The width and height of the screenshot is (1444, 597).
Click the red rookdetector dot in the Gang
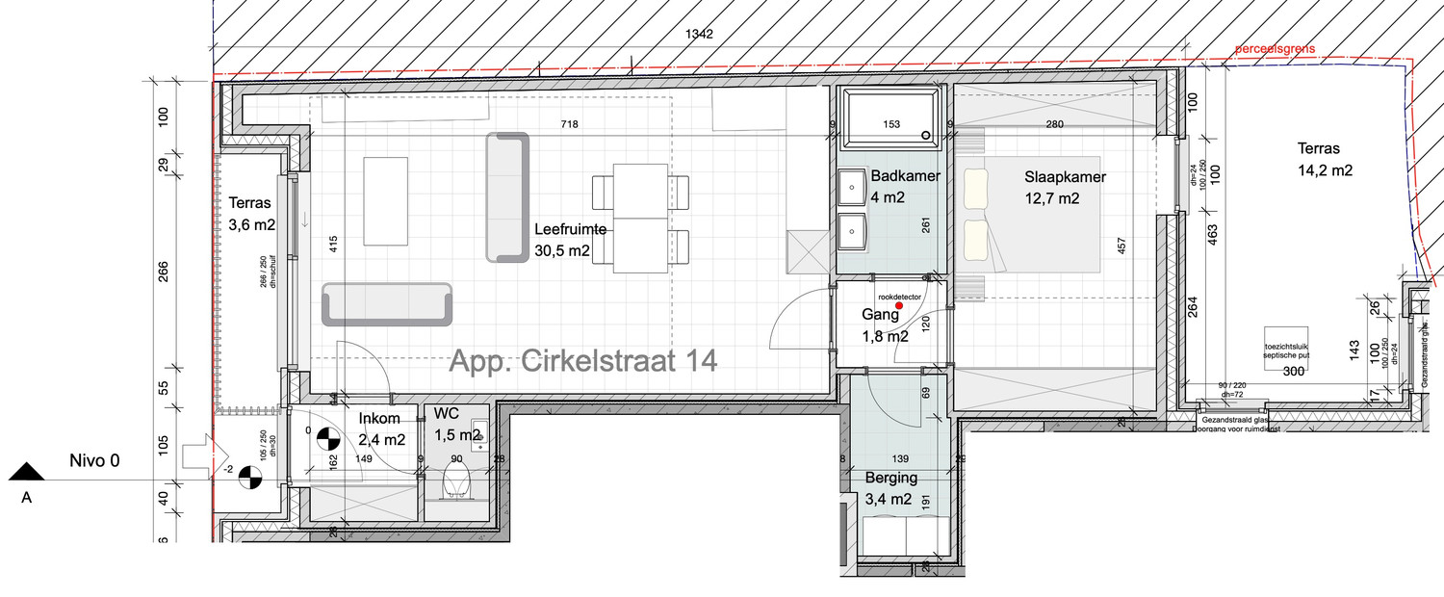coord(899,305)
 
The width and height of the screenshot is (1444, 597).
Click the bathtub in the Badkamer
coord(890,117)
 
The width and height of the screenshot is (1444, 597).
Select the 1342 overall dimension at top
coord(699,35)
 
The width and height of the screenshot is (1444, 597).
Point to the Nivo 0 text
coord(94,460)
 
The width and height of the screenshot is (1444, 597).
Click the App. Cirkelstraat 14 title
coord(583,362)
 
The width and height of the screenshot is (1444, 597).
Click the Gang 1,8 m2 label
coord(885,325)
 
